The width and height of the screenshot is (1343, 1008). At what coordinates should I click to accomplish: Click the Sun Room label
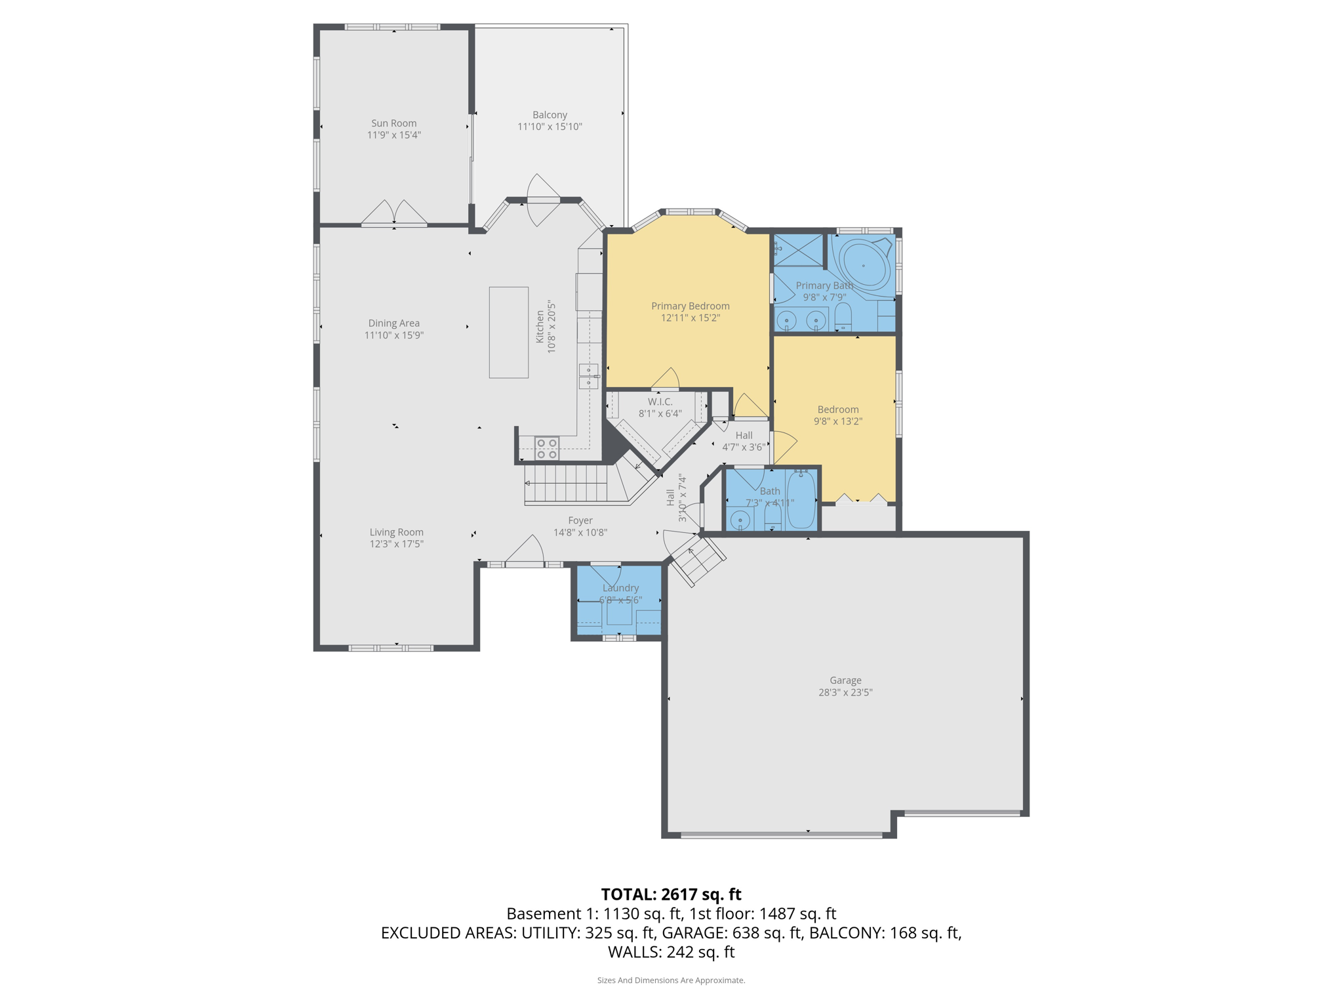point(393,123)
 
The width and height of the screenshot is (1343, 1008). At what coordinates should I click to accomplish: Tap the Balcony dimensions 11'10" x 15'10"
point(550,127)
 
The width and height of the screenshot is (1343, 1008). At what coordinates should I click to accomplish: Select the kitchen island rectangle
point(508,332)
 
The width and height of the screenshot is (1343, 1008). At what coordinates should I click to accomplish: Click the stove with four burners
point(546,448)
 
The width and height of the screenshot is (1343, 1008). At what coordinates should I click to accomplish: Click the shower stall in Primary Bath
point(798,250)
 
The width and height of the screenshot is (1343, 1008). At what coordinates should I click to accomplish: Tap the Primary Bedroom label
point(690,306)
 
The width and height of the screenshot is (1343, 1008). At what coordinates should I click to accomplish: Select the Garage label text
point(845,681)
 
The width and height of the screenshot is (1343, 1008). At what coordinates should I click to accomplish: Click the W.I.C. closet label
point(660,402)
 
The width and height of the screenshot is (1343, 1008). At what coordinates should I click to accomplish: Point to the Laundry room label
point(620,588)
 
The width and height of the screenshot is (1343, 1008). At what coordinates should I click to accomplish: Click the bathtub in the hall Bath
point(801,500)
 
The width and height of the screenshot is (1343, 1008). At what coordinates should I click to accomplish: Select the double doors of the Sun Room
point(394,214)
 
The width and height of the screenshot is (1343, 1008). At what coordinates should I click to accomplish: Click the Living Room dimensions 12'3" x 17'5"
point(396,544)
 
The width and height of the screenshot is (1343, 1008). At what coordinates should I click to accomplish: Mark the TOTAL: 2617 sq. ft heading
point(671,894)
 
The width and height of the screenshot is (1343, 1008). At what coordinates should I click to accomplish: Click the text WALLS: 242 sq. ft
point(671,952)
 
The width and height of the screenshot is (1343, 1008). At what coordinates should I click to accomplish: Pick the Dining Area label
point(393,323)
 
